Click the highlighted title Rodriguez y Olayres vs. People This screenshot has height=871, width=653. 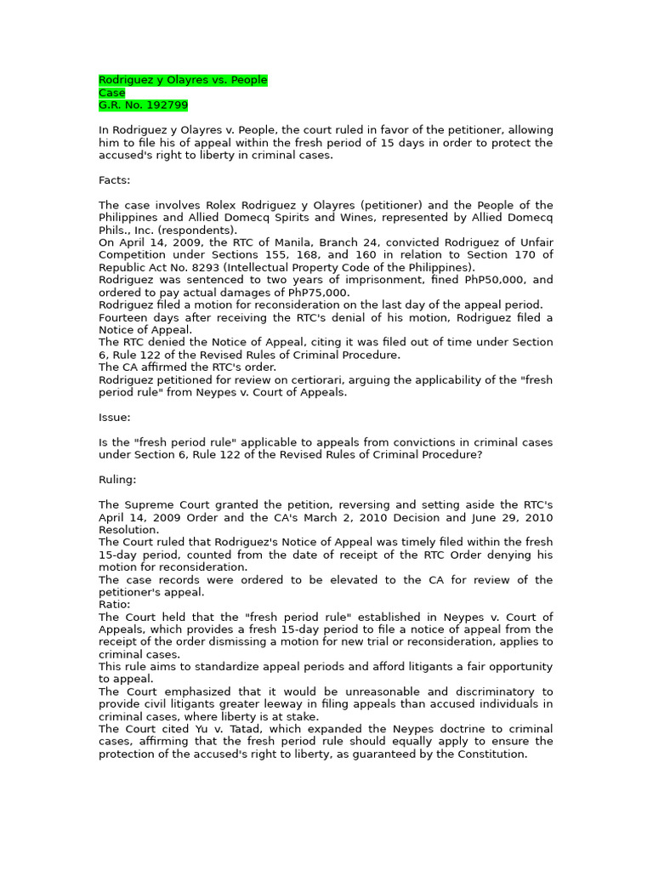click(x=183, y=80)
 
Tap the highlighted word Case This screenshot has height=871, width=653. click(x=111, y=93)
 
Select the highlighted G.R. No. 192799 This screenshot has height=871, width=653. click(x=143, y=105)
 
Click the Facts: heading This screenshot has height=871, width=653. click(x=115, y=180)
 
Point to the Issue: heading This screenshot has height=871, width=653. click(x=115, y=418)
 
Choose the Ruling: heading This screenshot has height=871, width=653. click(x=117, y=480)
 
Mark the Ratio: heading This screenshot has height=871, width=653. click(x=115, y=605)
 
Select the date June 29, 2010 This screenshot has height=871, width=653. click(x=503, y=517)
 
